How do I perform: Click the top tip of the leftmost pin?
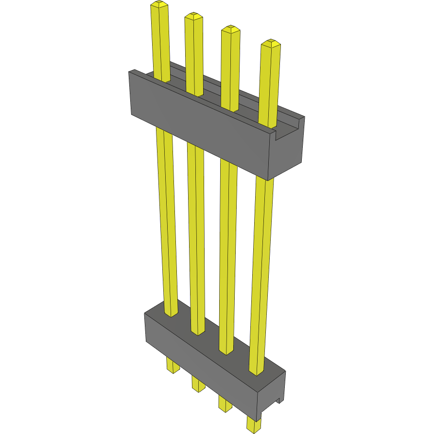click(159, 5)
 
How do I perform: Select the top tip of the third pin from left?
click(230, 29)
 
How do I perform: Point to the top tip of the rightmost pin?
click(271, 43)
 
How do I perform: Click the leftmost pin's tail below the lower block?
click(172, 365)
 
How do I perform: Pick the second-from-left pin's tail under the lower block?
click(198, 384)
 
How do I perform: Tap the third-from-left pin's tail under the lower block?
click(225, 404)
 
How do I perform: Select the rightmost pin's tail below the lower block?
click(253, 424)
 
